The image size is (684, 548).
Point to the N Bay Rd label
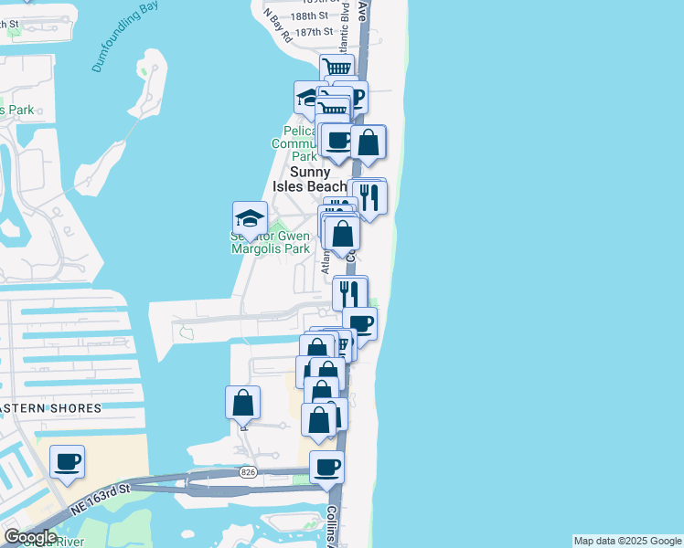coord(277,26)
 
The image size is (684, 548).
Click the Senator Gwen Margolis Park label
coord(271,242)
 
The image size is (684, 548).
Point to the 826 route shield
coord(248,472)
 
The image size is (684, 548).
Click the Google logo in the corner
coord(31,537)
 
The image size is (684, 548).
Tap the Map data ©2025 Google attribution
coord(627,541)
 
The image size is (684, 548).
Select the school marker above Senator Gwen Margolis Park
coord(250,218)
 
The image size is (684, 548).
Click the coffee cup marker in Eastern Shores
coord(67,462)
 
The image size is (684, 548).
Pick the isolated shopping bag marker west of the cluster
coord(242,403)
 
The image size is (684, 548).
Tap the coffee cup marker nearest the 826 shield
coord(326,468)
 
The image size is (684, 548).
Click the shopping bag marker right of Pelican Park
coord(368,142)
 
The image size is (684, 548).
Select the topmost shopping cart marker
coord(337,68)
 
